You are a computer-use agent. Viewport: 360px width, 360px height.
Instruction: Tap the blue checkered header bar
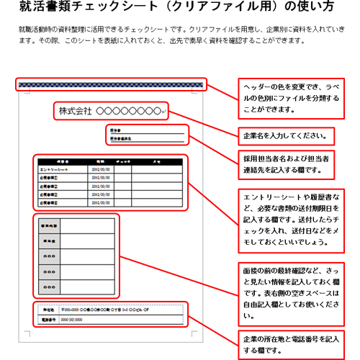tap(112, 85)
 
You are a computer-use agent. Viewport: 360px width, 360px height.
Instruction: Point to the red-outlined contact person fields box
tap(148, 135)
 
